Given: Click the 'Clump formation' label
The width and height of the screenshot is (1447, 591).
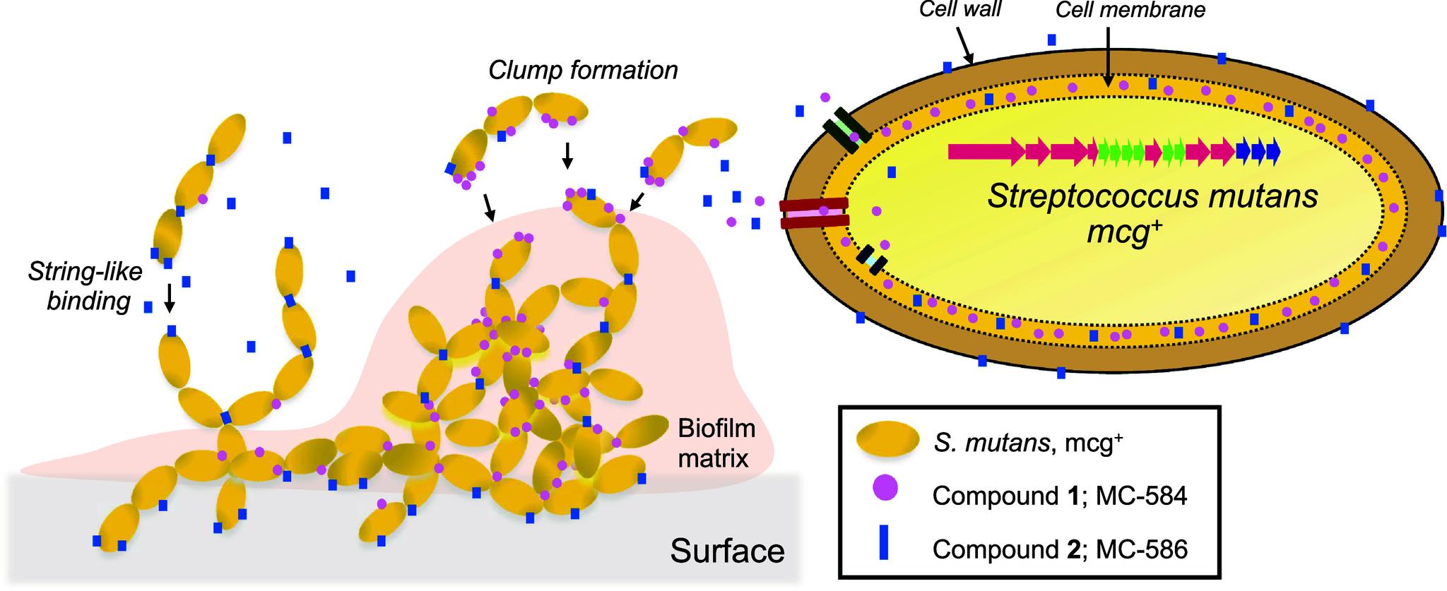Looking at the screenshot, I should click(x=583, y=71).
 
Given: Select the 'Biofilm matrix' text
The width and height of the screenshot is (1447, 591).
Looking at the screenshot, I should click(x=716, y=443).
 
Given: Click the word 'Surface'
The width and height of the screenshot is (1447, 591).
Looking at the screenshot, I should click(x=727, y=551).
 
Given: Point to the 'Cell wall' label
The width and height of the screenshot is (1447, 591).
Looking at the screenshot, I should click(x=959, y=10).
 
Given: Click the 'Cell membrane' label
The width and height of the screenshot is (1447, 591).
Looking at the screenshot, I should click(x=1130, y=10).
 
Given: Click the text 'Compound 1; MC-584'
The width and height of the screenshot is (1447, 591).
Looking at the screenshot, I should click(x=1059, y=496).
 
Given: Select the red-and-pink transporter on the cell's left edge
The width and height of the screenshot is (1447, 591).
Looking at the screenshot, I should click(x=814, y=213).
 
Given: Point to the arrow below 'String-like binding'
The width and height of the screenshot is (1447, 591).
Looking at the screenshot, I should click(x=169, y=298).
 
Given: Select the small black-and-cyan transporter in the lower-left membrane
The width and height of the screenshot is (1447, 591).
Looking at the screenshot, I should click(x=871, y=260).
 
